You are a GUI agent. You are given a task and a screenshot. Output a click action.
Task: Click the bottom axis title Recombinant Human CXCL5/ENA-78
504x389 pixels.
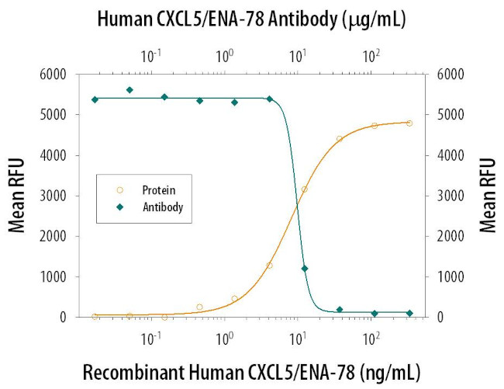tap(251, 370)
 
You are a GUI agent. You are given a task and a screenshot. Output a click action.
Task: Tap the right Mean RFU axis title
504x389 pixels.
tap(487, 196)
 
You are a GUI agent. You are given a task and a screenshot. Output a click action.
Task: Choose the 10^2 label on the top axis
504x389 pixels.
tap(371, 56)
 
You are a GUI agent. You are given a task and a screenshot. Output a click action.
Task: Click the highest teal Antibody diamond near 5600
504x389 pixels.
tap(129, 90)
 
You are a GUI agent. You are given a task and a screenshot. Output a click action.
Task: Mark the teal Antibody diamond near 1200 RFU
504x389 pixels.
tap(305, 269)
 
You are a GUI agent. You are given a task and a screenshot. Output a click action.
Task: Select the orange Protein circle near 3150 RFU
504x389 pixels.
tap(305, 189)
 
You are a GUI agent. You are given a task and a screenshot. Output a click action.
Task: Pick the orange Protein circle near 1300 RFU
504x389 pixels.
tap(269, 266)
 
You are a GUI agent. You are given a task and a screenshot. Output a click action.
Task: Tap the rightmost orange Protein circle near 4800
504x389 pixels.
tap(409, 123)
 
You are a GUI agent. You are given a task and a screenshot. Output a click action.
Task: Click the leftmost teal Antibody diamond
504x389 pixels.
tap(95, 99)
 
